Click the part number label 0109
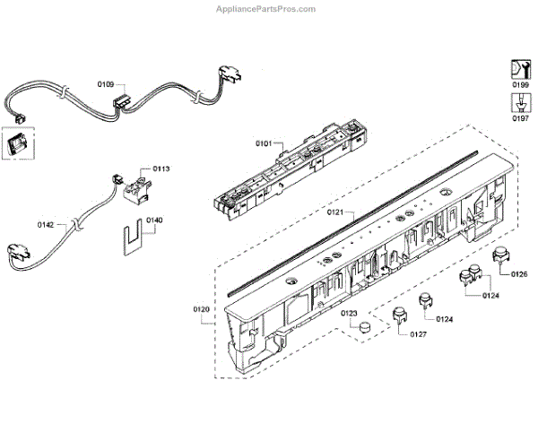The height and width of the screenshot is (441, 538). pos(105,83)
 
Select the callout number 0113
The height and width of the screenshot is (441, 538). pos(161,168)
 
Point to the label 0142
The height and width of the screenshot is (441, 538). pos(46,224)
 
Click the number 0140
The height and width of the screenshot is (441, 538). pos(154,220)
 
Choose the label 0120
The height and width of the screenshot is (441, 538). pos(201,309)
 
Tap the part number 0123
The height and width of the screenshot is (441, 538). pos(349,313)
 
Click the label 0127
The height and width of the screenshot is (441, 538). pos(417,334)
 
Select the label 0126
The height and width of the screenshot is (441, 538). pos(518,273)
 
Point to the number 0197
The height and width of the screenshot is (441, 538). pos(519,117)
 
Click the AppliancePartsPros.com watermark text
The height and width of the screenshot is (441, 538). pos(266,9)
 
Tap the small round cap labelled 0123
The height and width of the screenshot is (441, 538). pos(363,329)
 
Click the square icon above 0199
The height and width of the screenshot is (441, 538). pos(518,67)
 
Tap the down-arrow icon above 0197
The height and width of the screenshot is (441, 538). pos(518,101)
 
